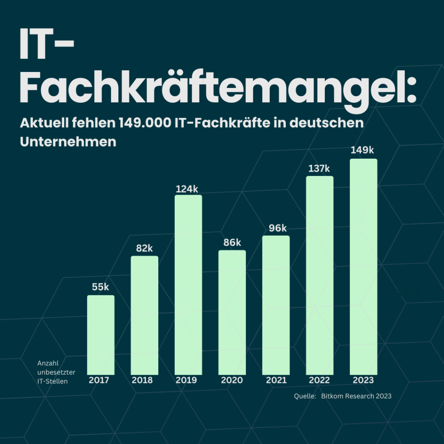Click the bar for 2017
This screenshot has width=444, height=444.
[x=101, y=335]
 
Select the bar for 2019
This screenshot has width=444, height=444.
[x=188, y=284]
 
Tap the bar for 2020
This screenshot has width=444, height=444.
[x=232, y=312]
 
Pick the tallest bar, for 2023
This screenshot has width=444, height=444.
[x=363, y=266]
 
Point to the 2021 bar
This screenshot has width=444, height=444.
[x=276, y=305]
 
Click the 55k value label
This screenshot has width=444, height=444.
[x=101, y=287]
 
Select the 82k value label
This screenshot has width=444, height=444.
[x=144, y=248]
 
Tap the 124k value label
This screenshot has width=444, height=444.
[x=187, y=189]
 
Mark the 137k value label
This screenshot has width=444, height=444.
[x=319, y=169]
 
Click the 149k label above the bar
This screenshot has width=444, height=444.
[x=362, y=150]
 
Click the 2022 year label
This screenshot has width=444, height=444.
[x=319, y=380]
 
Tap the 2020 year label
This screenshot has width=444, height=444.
[x=232, y=380]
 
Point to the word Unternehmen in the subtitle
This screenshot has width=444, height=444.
[x=68, y=142]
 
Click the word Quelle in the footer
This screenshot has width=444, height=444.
[x=304, y=396]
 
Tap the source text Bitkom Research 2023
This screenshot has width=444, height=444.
[x=356, y=396]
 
